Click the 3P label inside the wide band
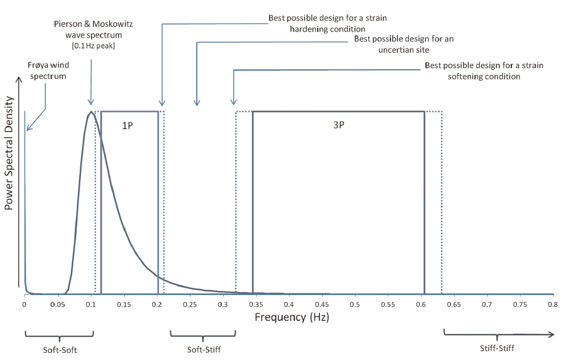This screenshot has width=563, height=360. [x=338, y=126]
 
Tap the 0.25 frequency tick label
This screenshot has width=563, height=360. [x=190, y=305]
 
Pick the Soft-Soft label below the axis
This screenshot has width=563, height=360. [x=59, y=350]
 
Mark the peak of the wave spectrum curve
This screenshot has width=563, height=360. [x=90, y=112]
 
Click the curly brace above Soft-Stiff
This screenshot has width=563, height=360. [x=203, y=335]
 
